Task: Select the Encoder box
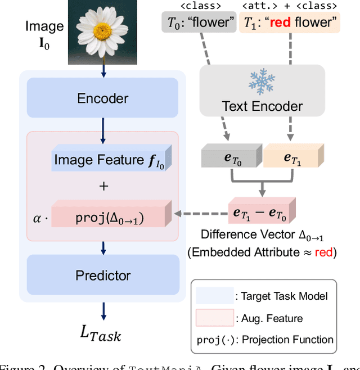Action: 102,98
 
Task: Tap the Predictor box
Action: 103,276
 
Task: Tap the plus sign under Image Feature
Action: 103,186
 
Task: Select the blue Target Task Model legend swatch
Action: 214,296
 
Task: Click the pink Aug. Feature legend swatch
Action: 214,318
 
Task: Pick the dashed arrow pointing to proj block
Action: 200,214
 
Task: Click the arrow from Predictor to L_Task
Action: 103,310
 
